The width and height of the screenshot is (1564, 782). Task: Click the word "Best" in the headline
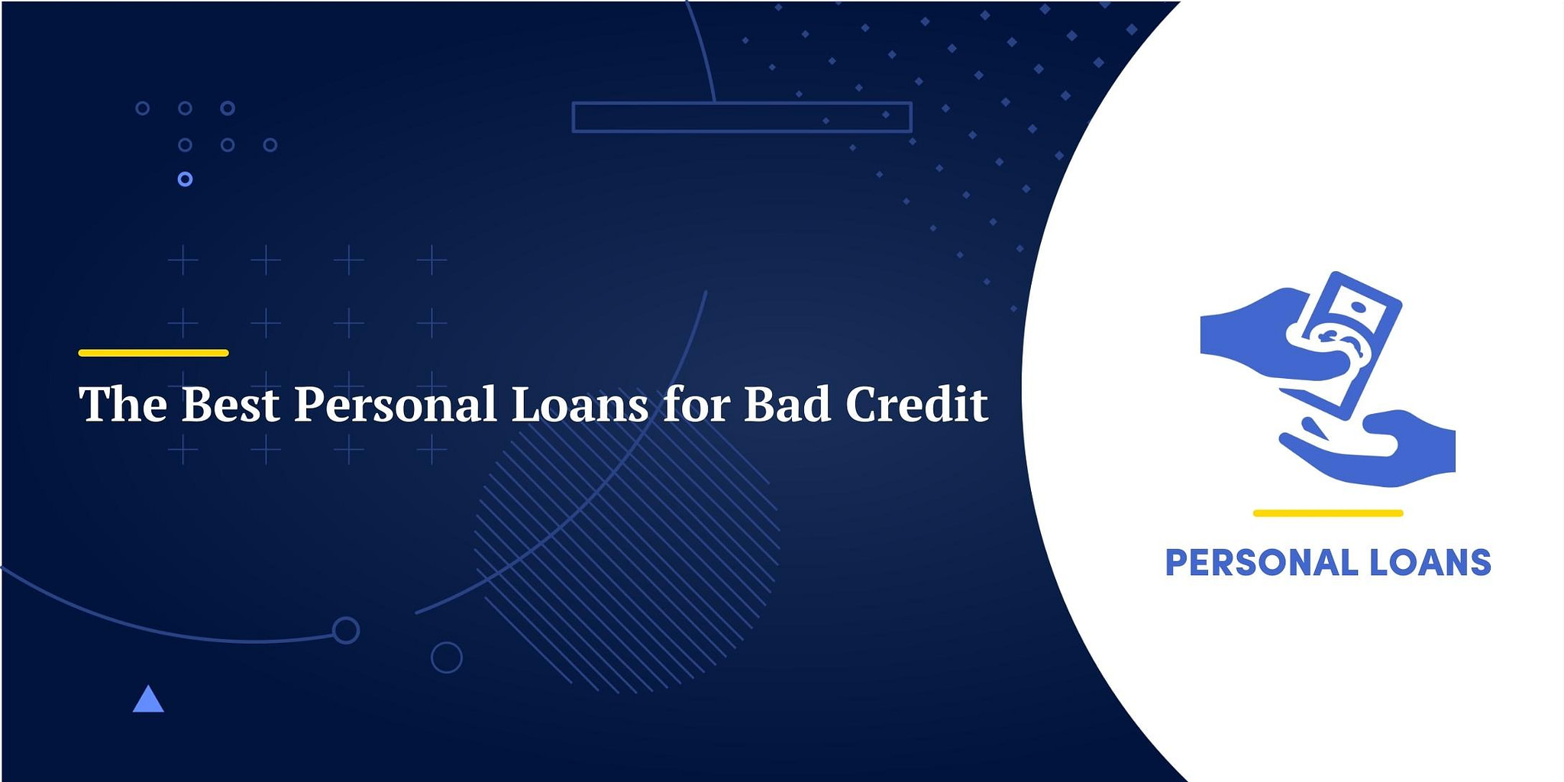click(230, 404)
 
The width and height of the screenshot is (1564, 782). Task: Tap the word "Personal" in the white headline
click(396, 404)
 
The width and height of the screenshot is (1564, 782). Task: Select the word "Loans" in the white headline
click(580, 404)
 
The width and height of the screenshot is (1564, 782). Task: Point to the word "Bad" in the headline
click(787, 404)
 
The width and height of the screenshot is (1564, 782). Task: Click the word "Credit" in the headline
click(916, 404)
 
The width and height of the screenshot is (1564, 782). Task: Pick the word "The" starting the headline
click(123, 404)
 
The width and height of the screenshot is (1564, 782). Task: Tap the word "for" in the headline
click(696, 404)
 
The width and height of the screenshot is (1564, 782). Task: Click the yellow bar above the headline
click(153, 353)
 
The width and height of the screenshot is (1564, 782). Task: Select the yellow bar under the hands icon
click(1328, 513)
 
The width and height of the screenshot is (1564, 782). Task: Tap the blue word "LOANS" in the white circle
click(1430, 563)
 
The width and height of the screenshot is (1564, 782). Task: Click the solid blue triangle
click(148, 701)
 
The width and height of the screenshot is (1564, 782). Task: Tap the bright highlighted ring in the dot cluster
click(185, 179)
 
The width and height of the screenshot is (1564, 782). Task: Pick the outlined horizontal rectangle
click(742, 118)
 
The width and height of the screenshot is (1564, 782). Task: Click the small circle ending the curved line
click(346, 630)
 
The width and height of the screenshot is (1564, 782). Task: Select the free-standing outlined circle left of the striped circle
click(447, 658)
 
